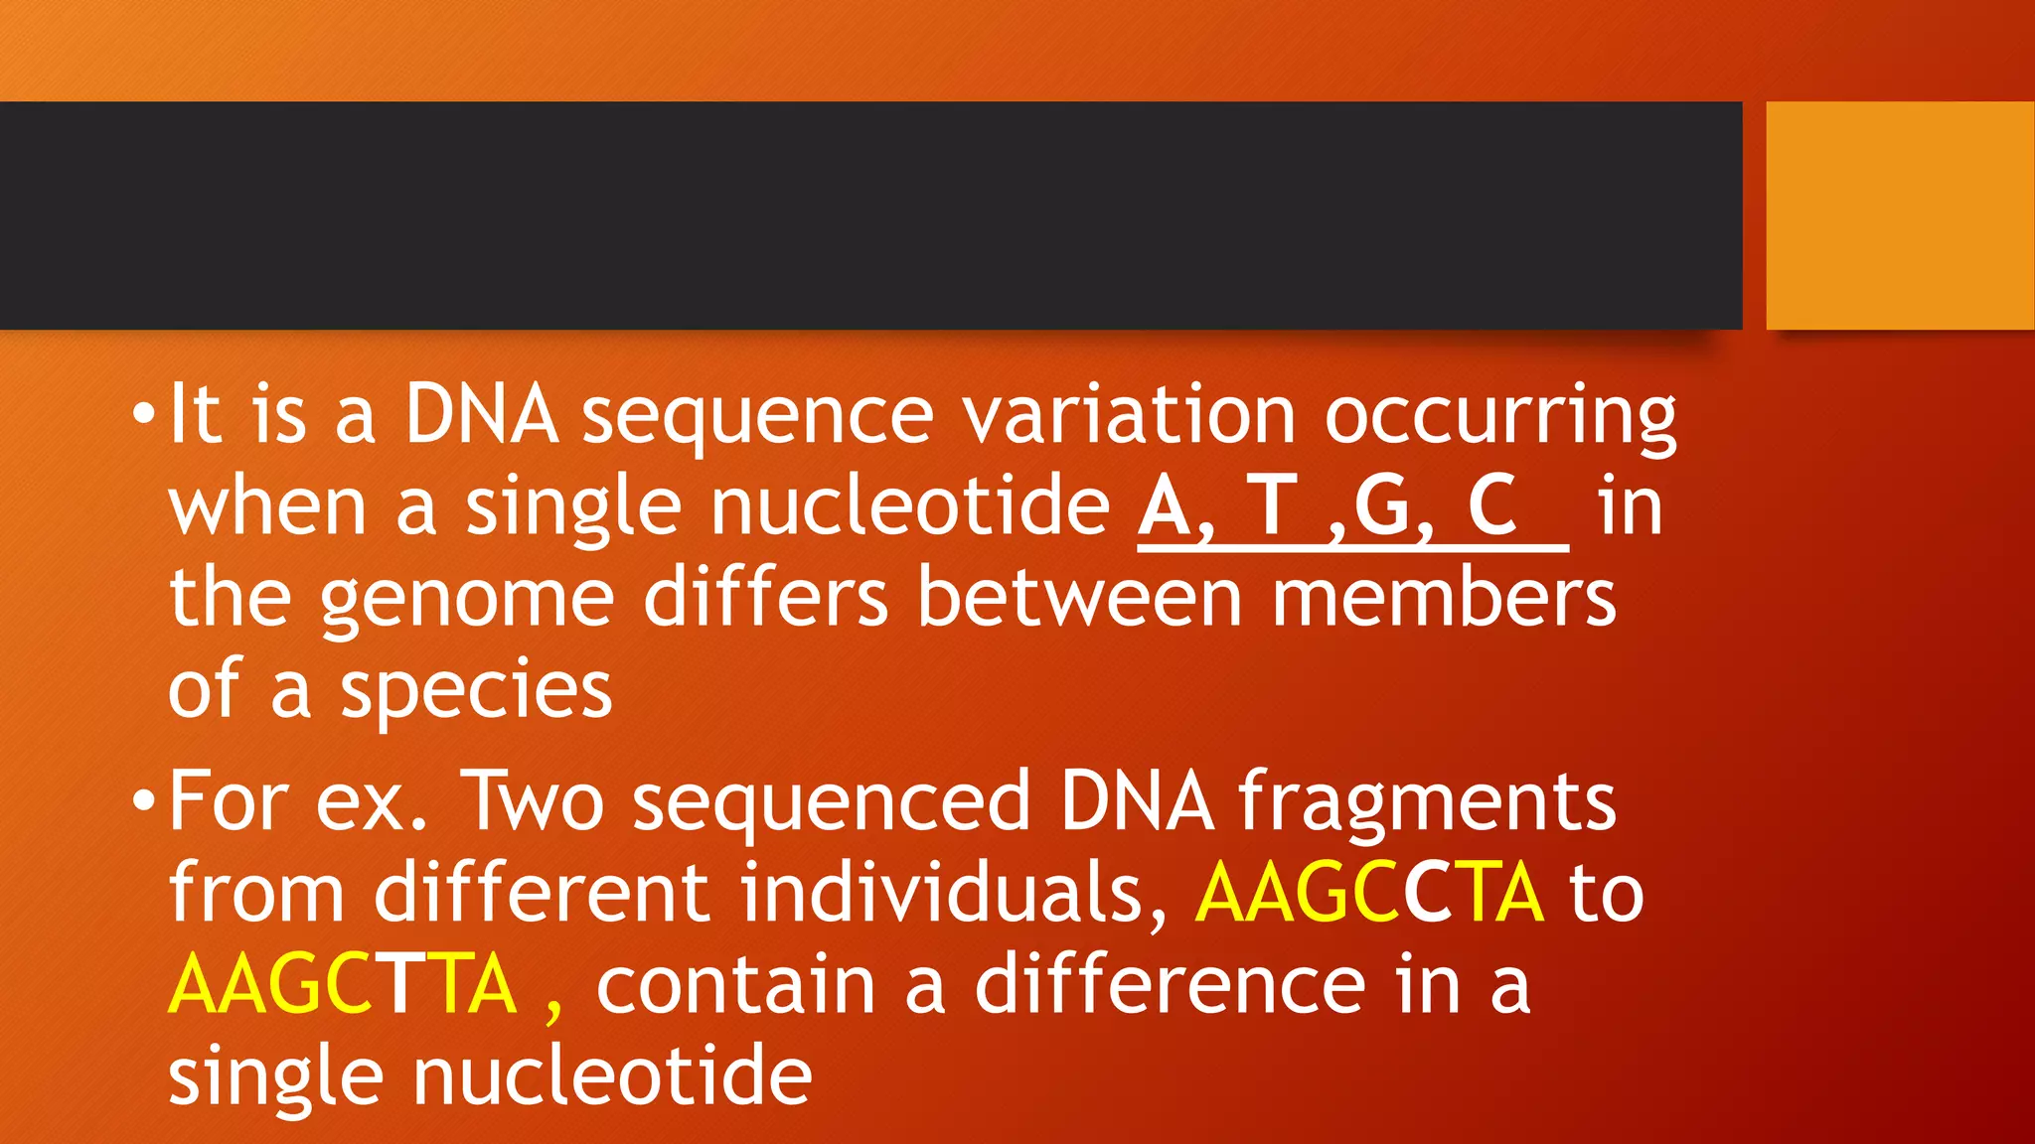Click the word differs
[765, 598]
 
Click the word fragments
[1427, 802]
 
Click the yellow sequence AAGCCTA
[1369, 892]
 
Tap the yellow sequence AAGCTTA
[343, 983]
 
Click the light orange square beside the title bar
[1900, 214]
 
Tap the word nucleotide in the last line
[612, 1076]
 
